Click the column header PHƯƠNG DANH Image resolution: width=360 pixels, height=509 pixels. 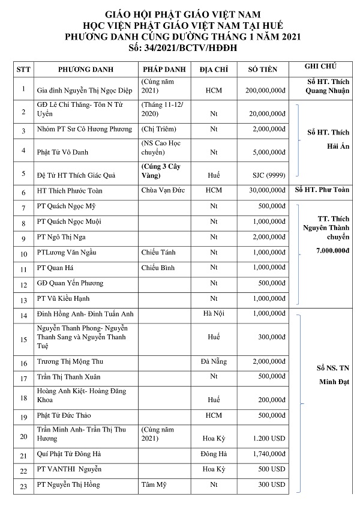tap(82, 70)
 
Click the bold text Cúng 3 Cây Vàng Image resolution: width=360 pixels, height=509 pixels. tap(160, 170)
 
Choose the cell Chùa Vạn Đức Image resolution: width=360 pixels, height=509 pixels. tap(162, 191)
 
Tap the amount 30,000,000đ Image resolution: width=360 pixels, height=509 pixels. tap(264, 191)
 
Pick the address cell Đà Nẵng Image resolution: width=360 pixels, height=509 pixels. tap(214, 362)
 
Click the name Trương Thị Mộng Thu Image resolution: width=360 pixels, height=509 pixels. tap(69, 363)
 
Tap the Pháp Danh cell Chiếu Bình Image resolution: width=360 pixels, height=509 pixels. tap(158, 267)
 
